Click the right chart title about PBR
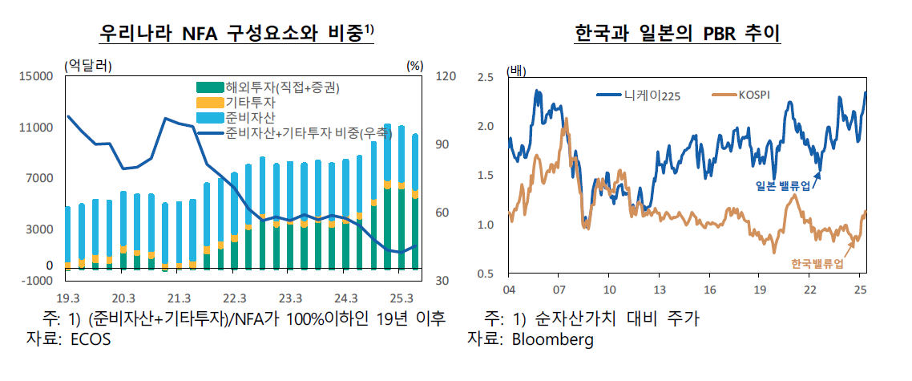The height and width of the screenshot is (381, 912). pos(678,34)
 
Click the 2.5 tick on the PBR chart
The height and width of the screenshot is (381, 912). pos(484,77)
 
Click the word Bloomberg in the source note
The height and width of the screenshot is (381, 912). pos(553,339)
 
